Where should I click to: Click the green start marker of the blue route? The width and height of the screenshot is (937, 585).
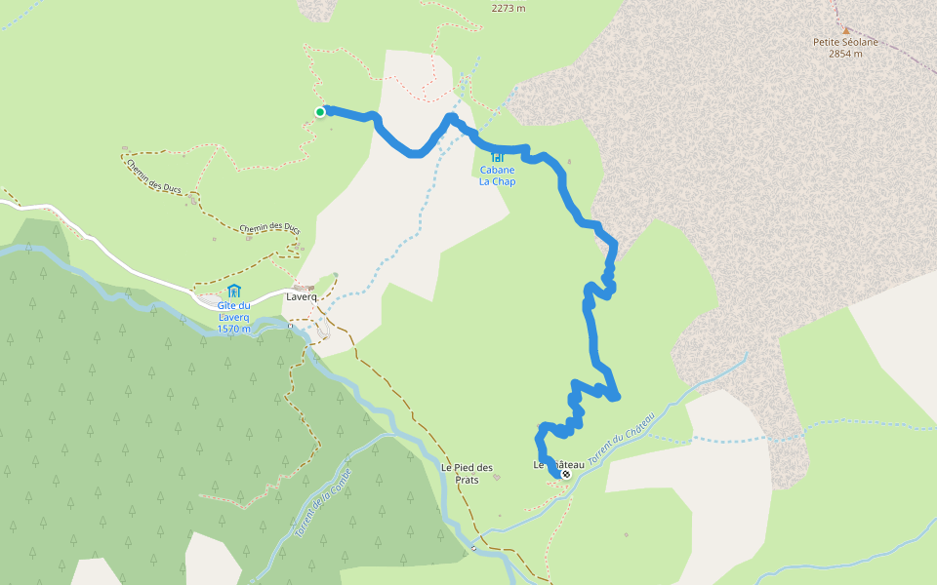coord(319,112)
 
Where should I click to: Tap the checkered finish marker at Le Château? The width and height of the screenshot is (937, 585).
coord(565,474)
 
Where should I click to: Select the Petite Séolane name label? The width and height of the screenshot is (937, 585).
coord(844,42)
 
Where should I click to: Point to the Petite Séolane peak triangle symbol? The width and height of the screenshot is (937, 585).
coord(845,29)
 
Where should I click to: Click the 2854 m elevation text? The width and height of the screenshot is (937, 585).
coord(845,54)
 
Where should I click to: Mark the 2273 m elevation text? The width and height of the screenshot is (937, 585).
coord(508,8)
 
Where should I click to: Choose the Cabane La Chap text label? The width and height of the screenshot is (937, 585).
coord(497,175)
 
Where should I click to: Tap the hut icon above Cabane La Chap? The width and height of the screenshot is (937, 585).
coord(497,156)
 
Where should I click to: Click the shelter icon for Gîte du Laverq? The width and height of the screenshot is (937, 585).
coord(233,291)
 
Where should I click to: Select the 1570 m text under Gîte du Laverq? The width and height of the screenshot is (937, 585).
coord(233,329)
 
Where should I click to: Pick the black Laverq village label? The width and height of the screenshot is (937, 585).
coord(302,296)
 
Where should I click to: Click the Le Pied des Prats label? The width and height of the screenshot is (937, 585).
coord(467,472)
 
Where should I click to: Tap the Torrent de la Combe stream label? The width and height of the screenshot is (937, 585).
coord(321,503)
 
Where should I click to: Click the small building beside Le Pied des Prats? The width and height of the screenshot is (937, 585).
coord(496,478)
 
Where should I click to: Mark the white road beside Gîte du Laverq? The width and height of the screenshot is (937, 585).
coord(146,276)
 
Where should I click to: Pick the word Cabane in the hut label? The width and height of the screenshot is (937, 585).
coord(497,170)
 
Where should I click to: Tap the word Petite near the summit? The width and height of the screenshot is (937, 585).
coord(829,42)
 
